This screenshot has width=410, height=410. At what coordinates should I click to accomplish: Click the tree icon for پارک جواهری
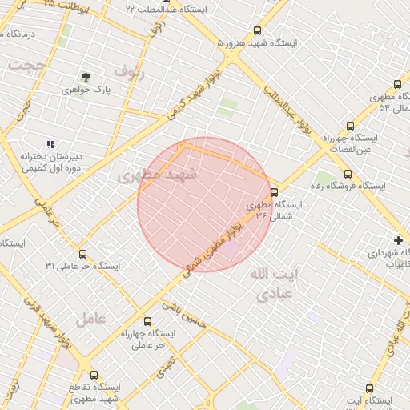(85, 78)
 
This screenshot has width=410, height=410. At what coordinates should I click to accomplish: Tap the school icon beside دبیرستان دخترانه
(50, 144)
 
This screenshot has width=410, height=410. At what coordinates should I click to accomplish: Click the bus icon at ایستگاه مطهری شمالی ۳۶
(274, 192)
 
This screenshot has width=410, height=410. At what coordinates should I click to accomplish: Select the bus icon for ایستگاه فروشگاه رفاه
(347, 174)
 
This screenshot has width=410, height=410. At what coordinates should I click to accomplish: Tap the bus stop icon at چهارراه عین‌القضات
(349, 126)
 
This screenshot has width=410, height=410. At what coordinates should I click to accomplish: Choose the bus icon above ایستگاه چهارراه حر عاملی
(146, 321)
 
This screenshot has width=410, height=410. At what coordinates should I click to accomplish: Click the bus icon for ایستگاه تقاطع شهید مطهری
(94, 375)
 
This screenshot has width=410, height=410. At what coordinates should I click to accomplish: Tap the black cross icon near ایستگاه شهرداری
(398, 239)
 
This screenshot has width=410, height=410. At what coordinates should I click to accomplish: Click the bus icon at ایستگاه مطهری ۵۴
(397, 84)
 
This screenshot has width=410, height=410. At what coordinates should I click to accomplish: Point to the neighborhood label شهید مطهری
(151, 175)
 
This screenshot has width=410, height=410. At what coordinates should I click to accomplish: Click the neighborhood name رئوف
(130, 70)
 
